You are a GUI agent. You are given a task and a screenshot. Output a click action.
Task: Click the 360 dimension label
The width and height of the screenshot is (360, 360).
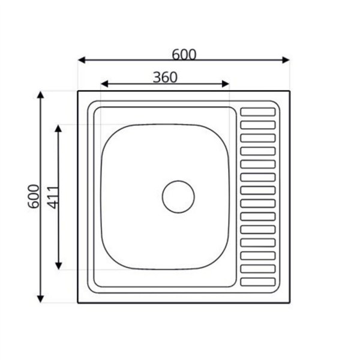[165, 77]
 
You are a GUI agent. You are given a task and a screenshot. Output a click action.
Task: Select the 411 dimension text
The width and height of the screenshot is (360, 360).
[53, 197]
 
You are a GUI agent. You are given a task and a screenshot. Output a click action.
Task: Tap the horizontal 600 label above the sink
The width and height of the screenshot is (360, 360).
[184, 55]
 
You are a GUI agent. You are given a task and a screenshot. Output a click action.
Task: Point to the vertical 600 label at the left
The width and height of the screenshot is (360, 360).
[34, 196]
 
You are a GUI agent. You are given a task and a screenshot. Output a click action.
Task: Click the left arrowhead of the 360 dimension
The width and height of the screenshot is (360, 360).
[104, 84]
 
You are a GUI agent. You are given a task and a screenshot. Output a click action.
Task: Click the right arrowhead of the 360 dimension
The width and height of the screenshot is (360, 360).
[226, 84]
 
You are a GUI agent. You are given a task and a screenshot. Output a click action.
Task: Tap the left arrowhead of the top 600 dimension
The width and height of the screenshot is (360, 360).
[82, 60]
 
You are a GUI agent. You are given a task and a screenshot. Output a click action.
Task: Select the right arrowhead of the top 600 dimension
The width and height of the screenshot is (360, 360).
[286, 60]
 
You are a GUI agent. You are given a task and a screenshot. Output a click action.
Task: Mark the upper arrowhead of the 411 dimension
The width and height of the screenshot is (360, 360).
[59, 128]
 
